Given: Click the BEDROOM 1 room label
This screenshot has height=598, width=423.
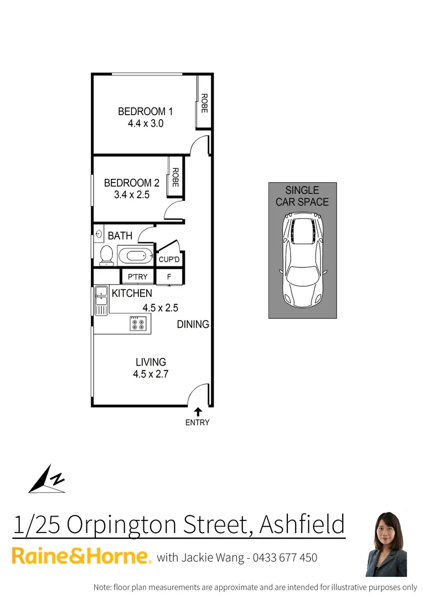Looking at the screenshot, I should point(141,112).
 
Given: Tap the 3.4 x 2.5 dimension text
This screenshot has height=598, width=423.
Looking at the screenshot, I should point(132,195).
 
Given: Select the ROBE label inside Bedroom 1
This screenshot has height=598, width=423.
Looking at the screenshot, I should point(204,103).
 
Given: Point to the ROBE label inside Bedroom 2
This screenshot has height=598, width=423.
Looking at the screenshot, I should point(175,177).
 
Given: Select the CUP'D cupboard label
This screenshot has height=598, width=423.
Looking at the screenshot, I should point(169,259).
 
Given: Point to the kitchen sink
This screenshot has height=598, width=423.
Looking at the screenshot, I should point(101,301).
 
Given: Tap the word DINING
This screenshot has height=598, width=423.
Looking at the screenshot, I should point(193,324).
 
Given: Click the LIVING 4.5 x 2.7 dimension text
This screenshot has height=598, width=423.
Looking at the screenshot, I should point(150,374).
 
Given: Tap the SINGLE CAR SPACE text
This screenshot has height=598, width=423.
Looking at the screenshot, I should point(302,196).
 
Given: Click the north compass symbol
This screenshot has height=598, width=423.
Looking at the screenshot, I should point(48,480).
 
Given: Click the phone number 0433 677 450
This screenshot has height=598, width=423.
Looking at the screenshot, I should point(285,558).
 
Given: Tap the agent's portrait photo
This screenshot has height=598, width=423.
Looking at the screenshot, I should point(386,544).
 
